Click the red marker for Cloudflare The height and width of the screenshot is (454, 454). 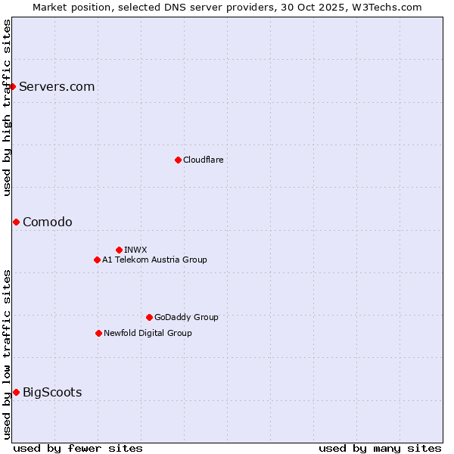click(178, 160)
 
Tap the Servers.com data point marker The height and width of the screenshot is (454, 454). click(12, 87)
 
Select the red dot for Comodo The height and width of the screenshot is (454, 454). click(16, 222)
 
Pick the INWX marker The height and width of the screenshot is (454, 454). click(119, 250)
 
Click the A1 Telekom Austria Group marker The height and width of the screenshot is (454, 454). click(97, 260)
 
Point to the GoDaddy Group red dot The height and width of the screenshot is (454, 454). click(149, 317)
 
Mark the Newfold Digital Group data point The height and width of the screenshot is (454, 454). click(98, 333)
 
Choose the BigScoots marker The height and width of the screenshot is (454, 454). click(16, 392)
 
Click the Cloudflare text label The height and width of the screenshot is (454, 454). click(203, 160)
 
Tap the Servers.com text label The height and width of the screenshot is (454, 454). click(57, 87)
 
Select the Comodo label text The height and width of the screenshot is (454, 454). click(48, 222)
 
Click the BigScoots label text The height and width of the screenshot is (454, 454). click(52, 392)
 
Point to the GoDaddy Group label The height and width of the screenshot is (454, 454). click(186, 317)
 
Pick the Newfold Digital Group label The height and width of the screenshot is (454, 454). click(148, 333)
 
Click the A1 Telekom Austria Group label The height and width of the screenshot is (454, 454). click(154, 260)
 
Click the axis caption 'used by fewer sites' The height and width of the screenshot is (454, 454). click(78, 448)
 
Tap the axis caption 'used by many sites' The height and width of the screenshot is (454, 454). click(380, 448)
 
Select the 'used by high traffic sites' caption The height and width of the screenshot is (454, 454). click(7, 107)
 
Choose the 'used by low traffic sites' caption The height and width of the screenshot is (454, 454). click(7, 353)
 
